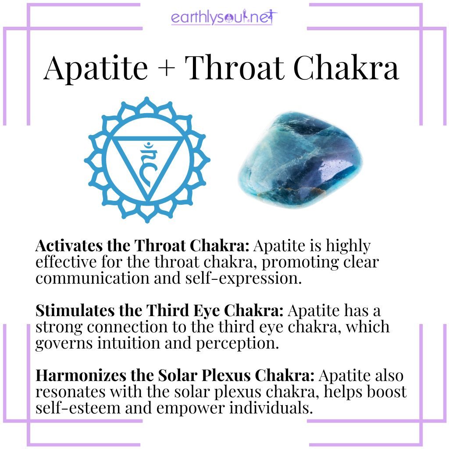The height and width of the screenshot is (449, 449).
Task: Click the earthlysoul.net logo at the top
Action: pyautogui.click(x=224, y=18)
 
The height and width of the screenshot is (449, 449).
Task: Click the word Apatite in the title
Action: pyautogui.click(x=96, y=68)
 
